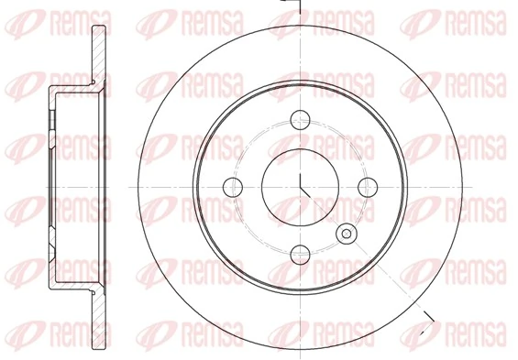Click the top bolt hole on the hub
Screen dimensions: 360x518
click(301, 118)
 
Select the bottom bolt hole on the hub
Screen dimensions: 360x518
click(301, 255)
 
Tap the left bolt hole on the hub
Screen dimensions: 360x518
click(232, 187)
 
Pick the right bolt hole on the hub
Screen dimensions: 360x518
click(369, 187)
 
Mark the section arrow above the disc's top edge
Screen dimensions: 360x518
click(292, 5)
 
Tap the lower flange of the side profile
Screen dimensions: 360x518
click(94, 307)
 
